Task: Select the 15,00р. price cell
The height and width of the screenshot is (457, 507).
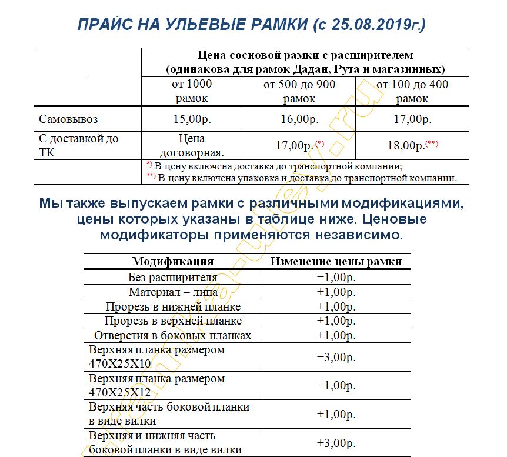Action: pos(192,119)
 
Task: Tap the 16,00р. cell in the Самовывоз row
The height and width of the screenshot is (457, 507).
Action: pos(299,119)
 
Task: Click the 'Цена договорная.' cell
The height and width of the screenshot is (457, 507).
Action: pos(191,146)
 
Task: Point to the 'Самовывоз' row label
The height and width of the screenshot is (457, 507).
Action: pos(69,119)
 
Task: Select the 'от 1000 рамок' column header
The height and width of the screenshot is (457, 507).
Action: pos(192,92)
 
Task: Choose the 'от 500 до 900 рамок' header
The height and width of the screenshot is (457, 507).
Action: pos(299,92)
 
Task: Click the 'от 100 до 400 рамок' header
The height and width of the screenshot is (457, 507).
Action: pos(412,92)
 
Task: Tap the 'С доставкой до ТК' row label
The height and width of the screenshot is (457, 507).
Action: pos(79,146)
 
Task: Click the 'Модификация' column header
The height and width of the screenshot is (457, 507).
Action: pos(173,262)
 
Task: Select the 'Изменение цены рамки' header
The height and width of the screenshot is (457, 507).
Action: pos(336,262)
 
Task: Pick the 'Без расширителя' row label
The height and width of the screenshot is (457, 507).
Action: pos(173,277)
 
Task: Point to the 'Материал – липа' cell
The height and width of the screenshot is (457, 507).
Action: pos(173,292)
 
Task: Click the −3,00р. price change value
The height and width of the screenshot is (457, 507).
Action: pos(336,356)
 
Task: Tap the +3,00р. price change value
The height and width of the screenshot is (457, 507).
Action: pos(336,443)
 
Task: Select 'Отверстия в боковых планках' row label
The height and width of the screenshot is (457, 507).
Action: pos(173,335)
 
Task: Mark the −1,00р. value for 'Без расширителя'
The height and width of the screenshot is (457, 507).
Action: pos(336,277)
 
